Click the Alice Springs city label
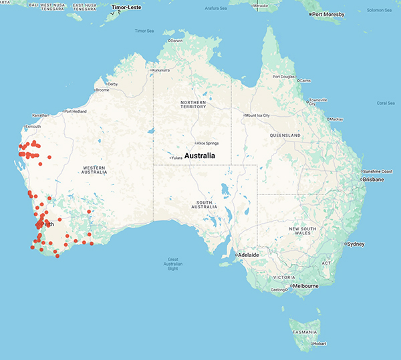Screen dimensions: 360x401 coord(209,143)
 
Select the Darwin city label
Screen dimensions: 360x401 coord(176,41)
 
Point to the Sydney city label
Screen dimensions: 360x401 coord(356,244)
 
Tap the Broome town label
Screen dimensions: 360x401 coord(103,89)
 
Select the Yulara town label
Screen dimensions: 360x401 coord(176,158)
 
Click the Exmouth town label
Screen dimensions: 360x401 coord(33,126)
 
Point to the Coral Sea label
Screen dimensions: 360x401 coord(386,103)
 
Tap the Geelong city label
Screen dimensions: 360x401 coord(278,290)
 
